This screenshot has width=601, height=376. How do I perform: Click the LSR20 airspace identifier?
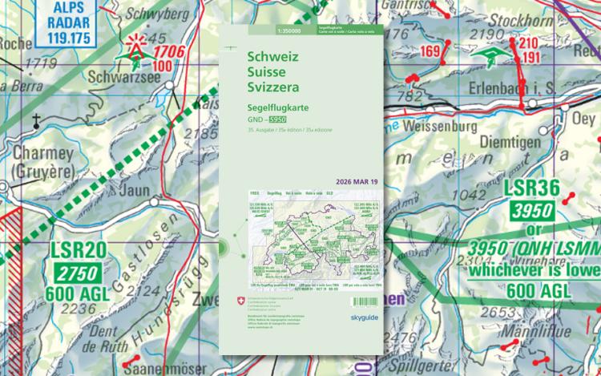click(x=78, y=250)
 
